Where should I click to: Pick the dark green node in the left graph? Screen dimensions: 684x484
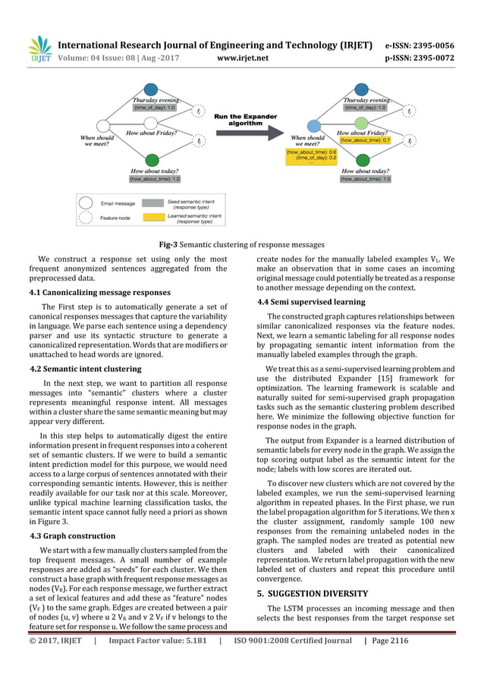152,160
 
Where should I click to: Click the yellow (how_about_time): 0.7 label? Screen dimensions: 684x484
365,140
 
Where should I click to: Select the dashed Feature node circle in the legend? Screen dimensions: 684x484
86,218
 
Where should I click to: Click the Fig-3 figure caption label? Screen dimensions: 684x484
167,245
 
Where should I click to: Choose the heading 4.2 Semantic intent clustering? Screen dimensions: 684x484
85,369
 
